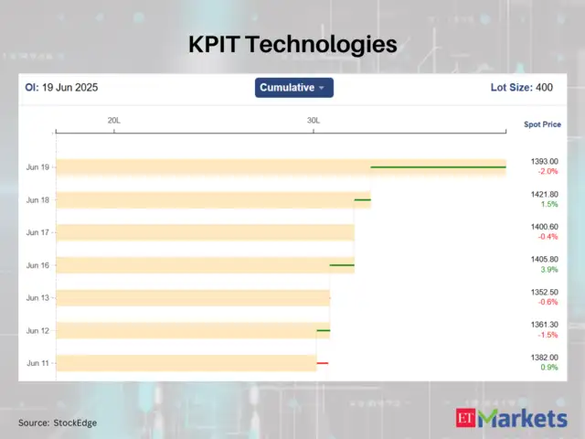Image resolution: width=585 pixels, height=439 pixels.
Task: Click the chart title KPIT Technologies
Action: pos(292,44)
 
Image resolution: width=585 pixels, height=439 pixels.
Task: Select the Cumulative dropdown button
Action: pos(293,88)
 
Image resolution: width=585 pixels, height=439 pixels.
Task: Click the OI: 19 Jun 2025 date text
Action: pos(61,88)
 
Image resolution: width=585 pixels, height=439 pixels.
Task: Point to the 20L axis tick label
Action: pos(113,121)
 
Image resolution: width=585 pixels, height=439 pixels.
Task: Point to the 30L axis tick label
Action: pos(314,121)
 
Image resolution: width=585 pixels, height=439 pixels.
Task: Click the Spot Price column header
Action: pos(542,124)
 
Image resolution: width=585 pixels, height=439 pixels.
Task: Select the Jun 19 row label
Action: pos(38,167)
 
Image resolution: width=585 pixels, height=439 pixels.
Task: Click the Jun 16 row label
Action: pos(38,265)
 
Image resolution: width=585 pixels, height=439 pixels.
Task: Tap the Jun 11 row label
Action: pos(38,363)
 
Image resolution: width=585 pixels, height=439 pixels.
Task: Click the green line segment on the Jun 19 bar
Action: pos(438,167)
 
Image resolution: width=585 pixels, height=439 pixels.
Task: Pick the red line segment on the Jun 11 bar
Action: pos(322,363)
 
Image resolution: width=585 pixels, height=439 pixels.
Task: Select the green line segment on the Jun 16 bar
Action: pos(342,265)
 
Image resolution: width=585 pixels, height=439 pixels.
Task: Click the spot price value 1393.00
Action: pos(544,162)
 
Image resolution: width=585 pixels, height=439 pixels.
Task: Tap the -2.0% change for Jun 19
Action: pos(547,172)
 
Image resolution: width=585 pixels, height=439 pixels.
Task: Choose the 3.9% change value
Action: pos(548,270)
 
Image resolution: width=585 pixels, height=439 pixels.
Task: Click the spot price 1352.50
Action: pos(544,293)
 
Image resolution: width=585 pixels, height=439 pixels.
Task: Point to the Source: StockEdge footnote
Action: pos(58,423)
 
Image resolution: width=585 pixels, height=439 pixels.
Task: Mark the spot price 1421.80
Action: pos(544,194)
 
